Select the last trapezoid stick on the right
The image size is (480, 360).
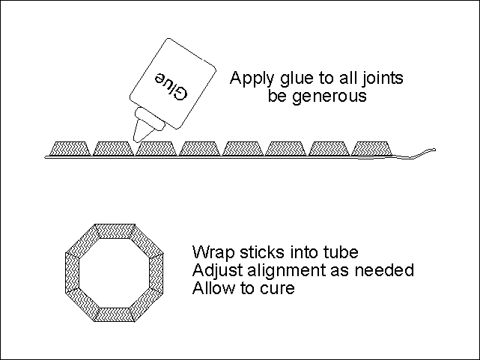coord(371,147)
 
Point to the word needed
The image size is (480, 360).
coord(387,269)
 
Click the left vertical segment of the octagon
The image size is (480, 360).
coord(73,273)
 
